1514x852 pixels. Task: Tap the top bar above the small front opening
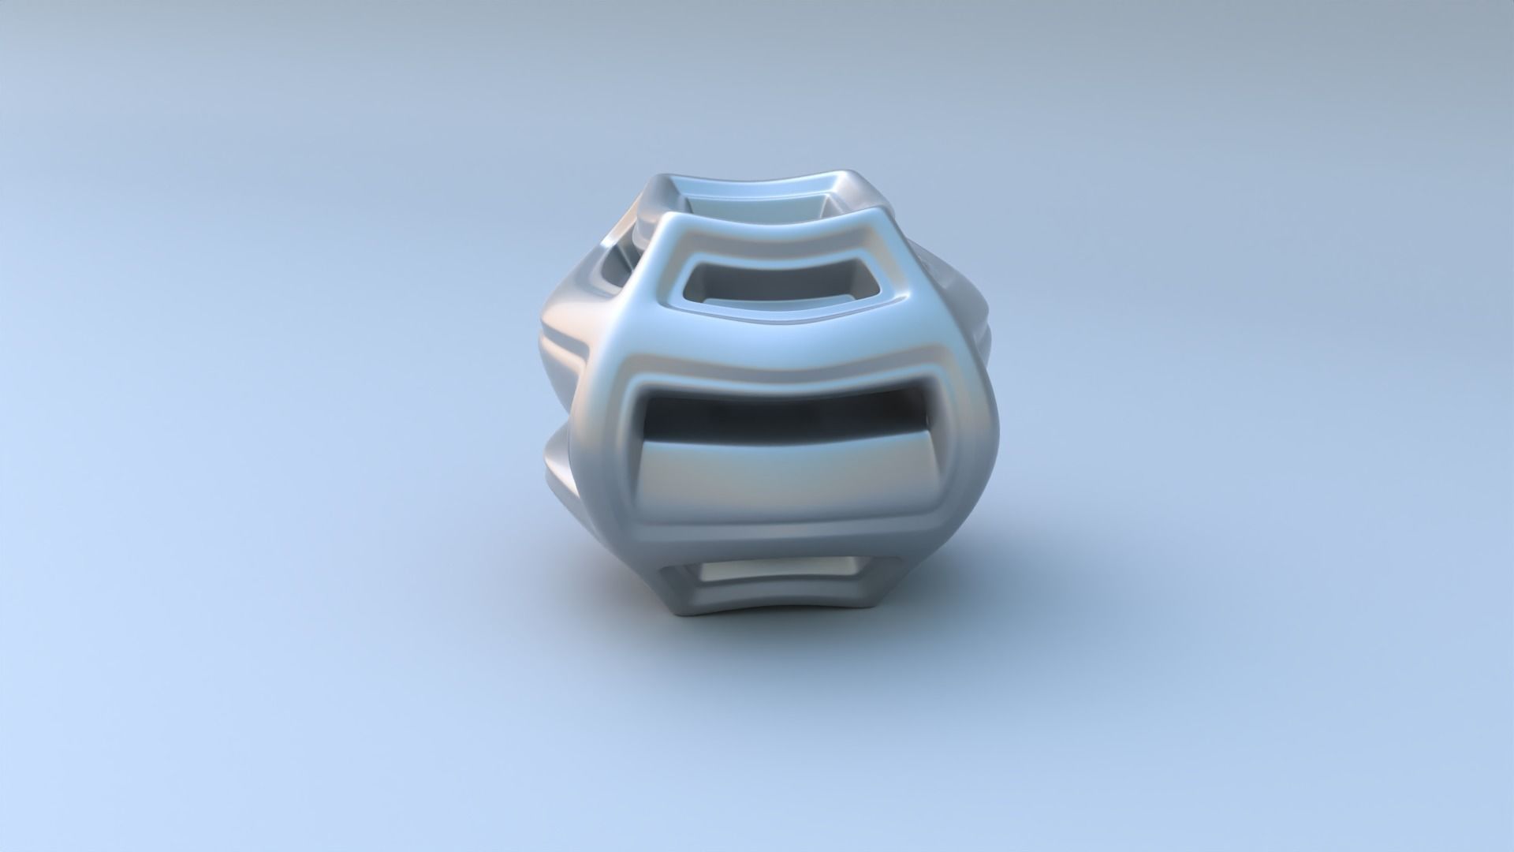pos(781,237)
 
